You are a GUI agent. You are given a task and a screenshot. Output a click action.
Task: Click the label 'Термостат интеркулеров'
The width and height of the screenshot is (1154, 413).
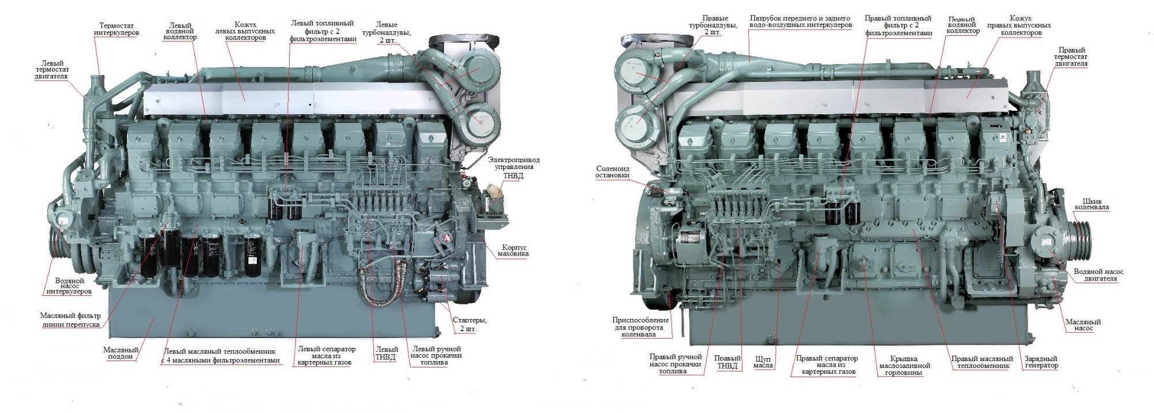tap(117, 29)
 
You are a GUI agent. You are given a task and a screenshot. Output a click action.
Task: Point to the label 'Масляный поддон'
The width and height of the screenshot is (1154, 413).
tap(121, 353)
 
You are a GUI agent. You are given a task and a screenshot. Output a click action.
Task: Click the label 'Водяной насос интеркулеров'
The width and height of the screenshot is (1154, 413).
tap(69, 286)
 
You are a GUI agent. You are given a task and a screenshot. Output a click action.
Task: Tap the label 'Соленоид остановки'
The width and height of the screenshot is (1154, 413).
tap(612, 171)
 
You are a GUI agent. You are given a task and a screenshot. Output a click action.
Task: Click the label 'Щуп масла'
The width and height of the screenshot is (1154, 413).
tap(763, 362)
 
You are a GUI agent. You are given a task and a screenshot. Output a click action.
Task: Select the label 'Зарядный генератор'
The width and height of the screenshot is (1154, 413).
tap(1041, 362)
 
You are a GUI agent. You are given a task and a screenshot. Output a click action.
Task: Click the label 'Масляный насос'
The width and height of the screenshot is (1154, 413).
tap(1083, 325)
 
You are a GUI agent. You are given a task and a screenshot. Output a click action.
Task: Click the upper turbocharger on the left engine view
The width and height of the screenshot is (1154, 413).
tap(479, 70)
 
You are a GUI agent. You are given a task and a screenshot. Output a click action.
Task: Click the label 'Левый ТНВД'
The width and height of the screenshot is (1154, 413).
tap(386, 353)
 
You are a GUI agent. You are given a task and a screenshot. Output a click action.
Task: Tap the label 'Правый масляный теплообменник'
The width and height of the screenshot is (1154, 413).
tap(981, 362)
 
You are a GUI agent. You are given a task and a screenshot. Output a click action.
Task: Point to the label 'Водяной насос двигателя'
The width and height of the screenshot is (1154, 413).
tap(1099, 275)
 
